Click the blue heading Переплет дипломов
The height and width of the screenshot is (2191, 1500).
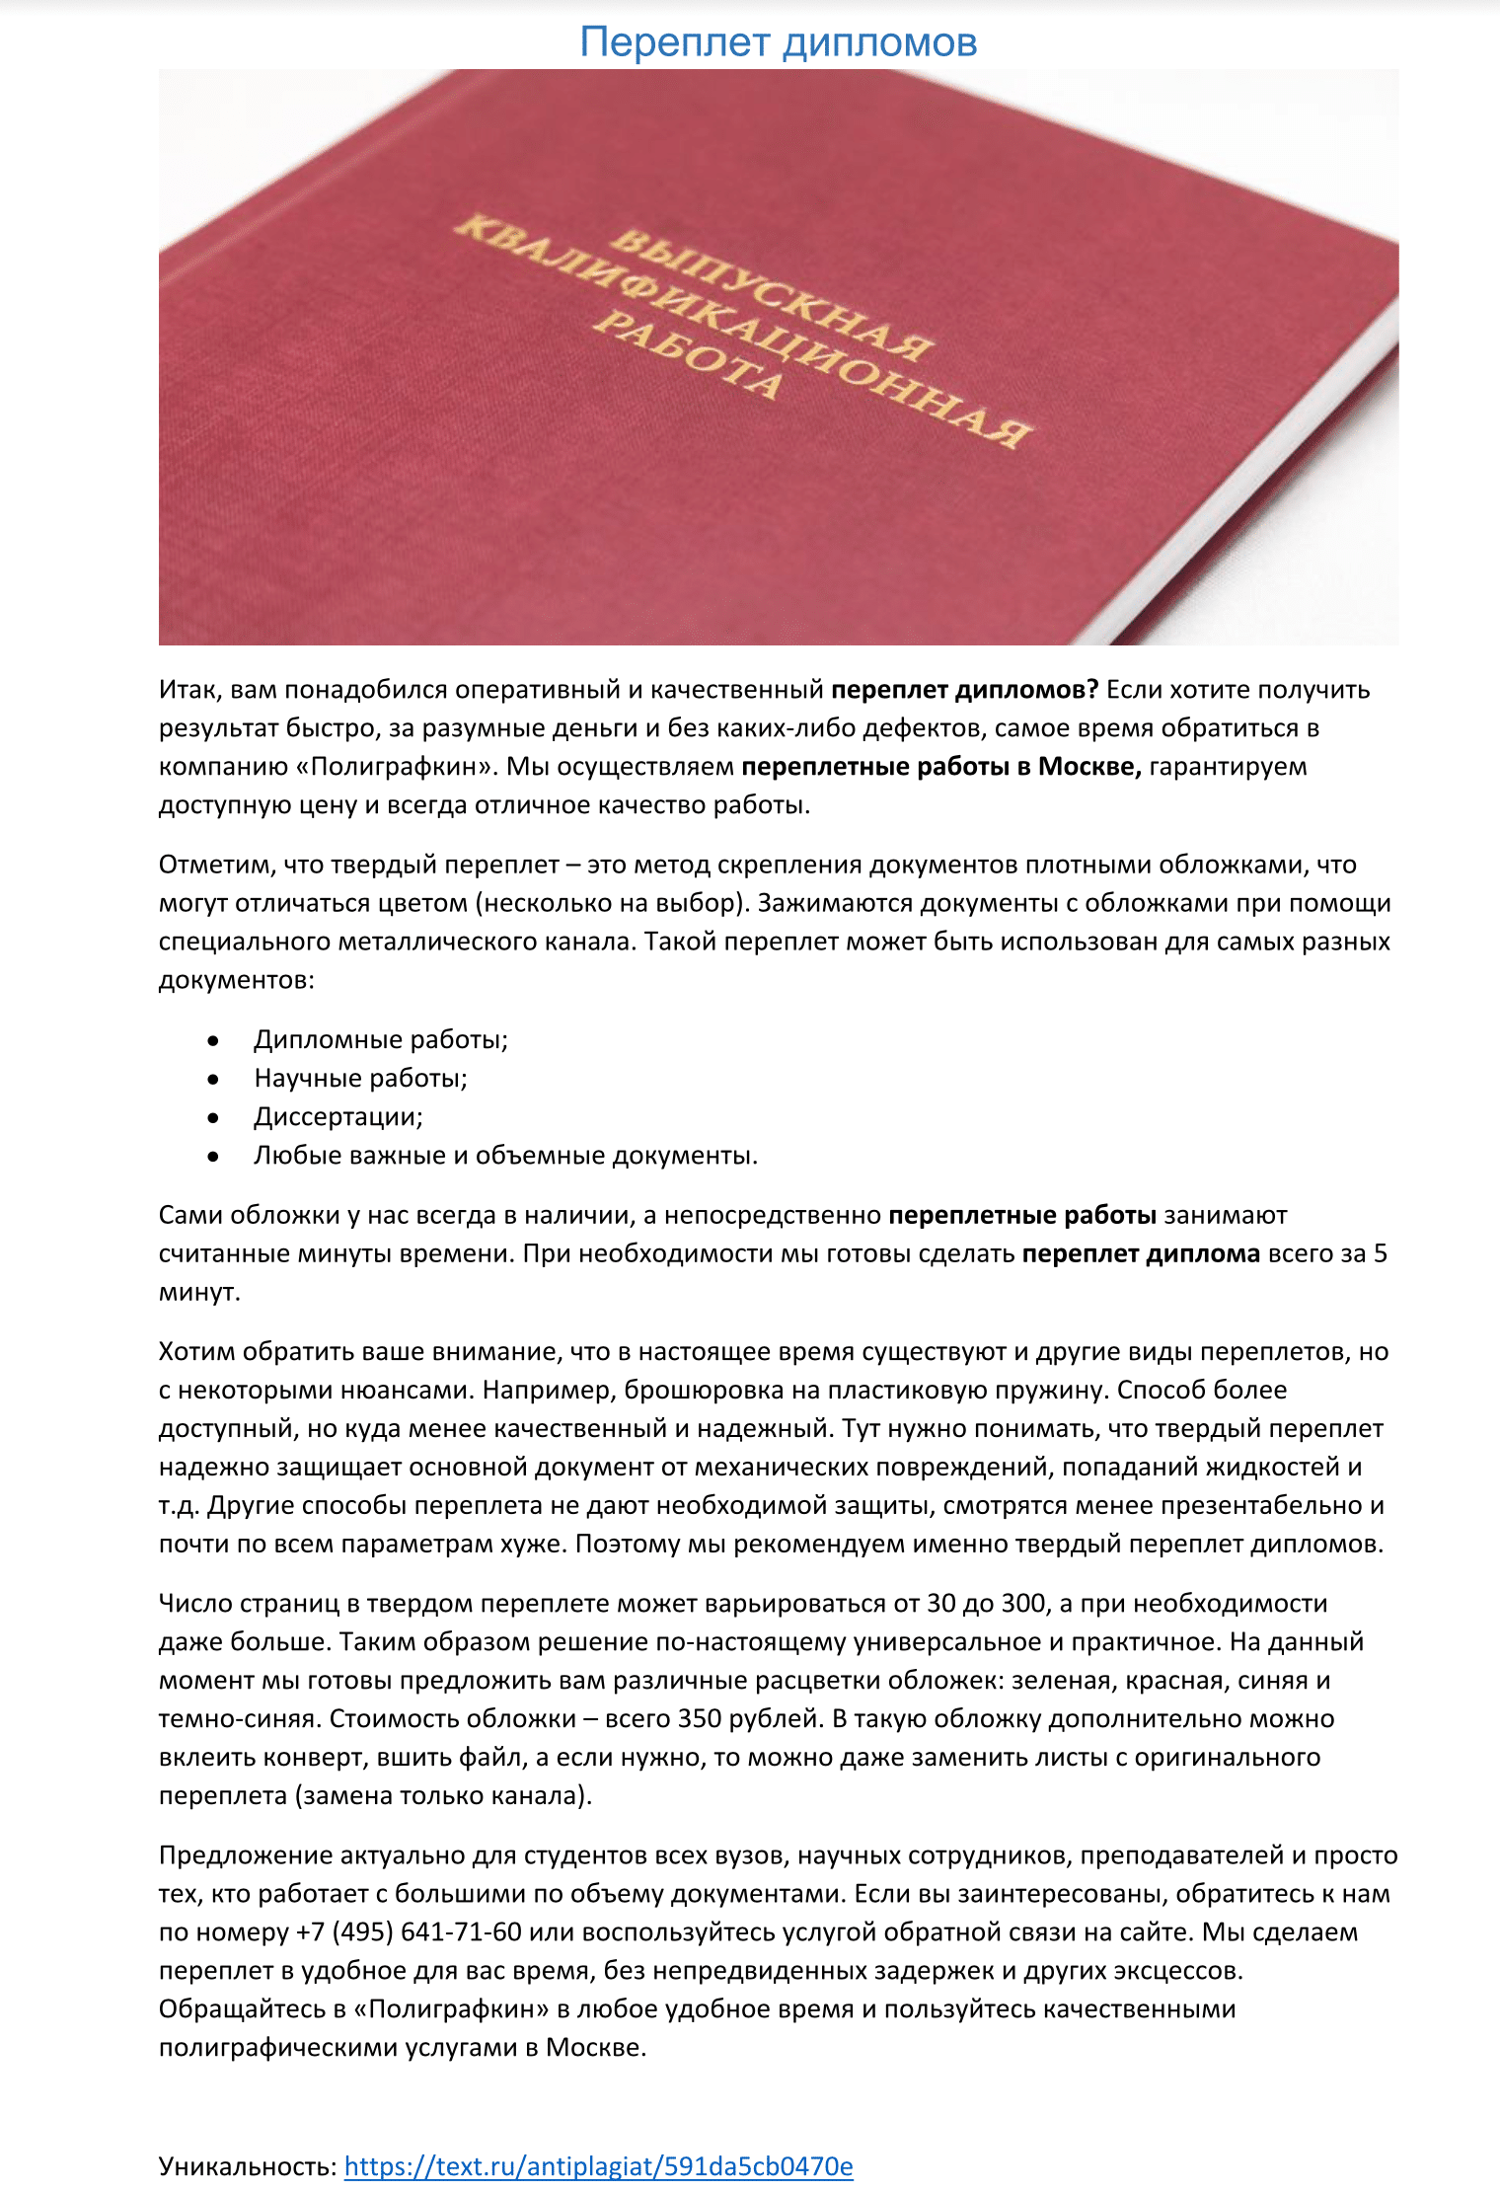coord(778,42)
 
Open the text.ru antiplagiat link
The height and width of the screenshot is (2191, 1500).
coord(598,2166)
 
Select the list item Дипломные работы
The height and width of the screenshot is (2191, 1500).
coord(381,1039)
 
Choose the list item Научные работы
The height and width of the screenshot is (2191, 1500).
coord(360,1078)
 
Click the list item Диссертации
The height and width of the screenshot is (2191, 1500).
coord(337,1116)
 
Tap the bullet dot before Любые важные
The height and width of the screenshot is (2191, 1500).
coord(213,1156)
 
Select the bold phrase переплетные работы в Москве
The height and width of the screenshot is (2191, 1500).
coord(940,767)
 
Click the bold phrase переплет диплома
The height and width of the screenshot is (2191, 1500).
coord(1141,1253)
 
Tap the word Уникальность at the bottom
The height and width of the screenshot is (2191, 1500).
coord(248,2166)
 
